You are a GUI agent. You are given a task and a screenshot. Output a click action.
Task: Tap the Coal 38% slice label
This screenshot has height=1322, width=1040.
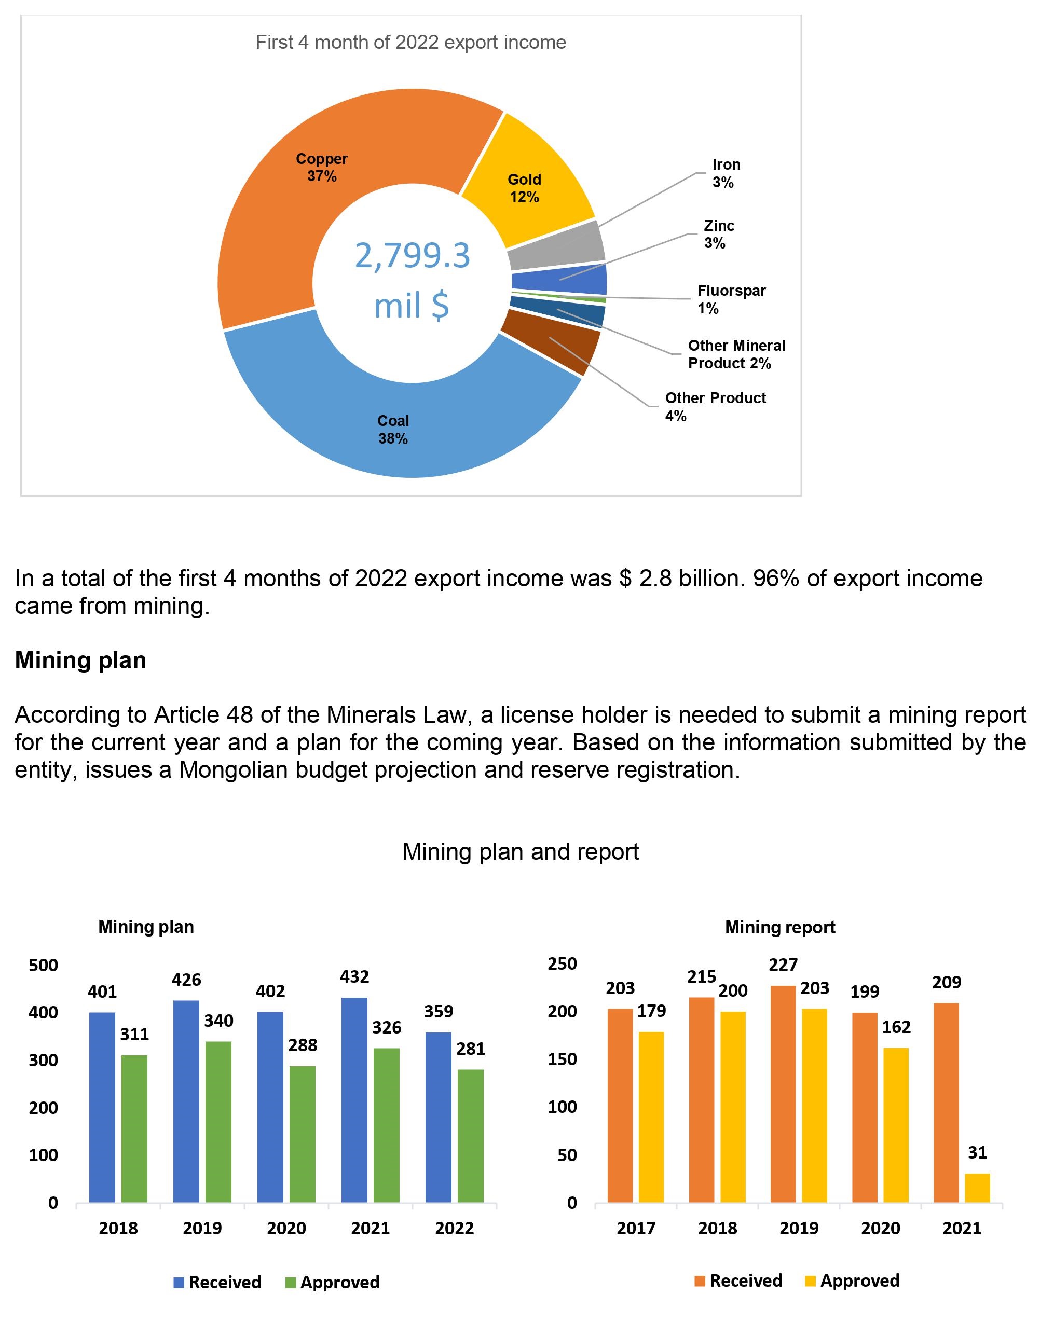pos(393,429)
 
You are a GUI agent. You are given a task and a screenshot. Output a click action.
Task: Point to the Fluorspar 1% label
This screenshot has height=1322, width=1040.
pos(731,299)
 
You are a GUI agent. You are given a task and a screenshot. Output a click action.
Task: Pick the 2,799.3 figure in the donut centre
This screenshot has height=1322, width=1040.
pos(412,256)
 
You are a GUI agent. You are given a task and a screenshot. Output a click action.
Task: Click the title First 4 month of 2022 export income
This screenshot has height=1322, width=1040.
pos(410,42)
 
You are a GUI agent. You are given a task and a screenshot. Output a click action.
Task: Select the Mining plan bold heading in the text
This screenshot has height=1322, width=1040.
pos(80,660)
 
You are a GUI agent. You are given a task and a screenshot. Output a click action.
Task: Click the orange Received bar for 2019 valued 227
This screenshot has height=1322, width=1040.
pos(783,1093)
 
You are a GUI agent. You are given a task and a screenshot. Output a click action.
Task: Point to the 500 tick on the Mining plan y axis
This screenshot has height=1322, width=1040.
pos(43,966)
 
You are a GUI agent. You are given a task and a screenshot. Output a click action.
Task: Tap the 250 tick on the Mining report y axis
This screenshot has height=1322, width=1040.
pos(562,964)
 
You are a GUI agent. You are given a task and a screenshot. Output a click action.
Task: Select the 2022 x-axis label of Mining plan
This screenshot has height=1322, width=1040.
pos(454,1228)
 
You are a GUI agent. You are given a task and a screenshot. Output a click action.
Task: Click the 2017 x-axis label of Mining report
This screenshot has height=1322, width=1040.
pos(636,1228)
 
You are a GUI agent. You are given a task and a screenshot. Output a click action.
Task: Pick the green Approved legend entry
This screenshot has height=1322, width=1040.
pos(333,1282)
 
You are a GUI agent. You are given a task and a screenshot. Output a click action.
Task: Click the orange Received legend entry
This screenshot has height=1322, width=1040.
pos(738,1280)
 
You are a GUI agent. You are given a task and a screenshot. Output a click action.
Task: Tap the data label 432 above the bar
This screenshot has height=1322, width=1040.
pos(354,977)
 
